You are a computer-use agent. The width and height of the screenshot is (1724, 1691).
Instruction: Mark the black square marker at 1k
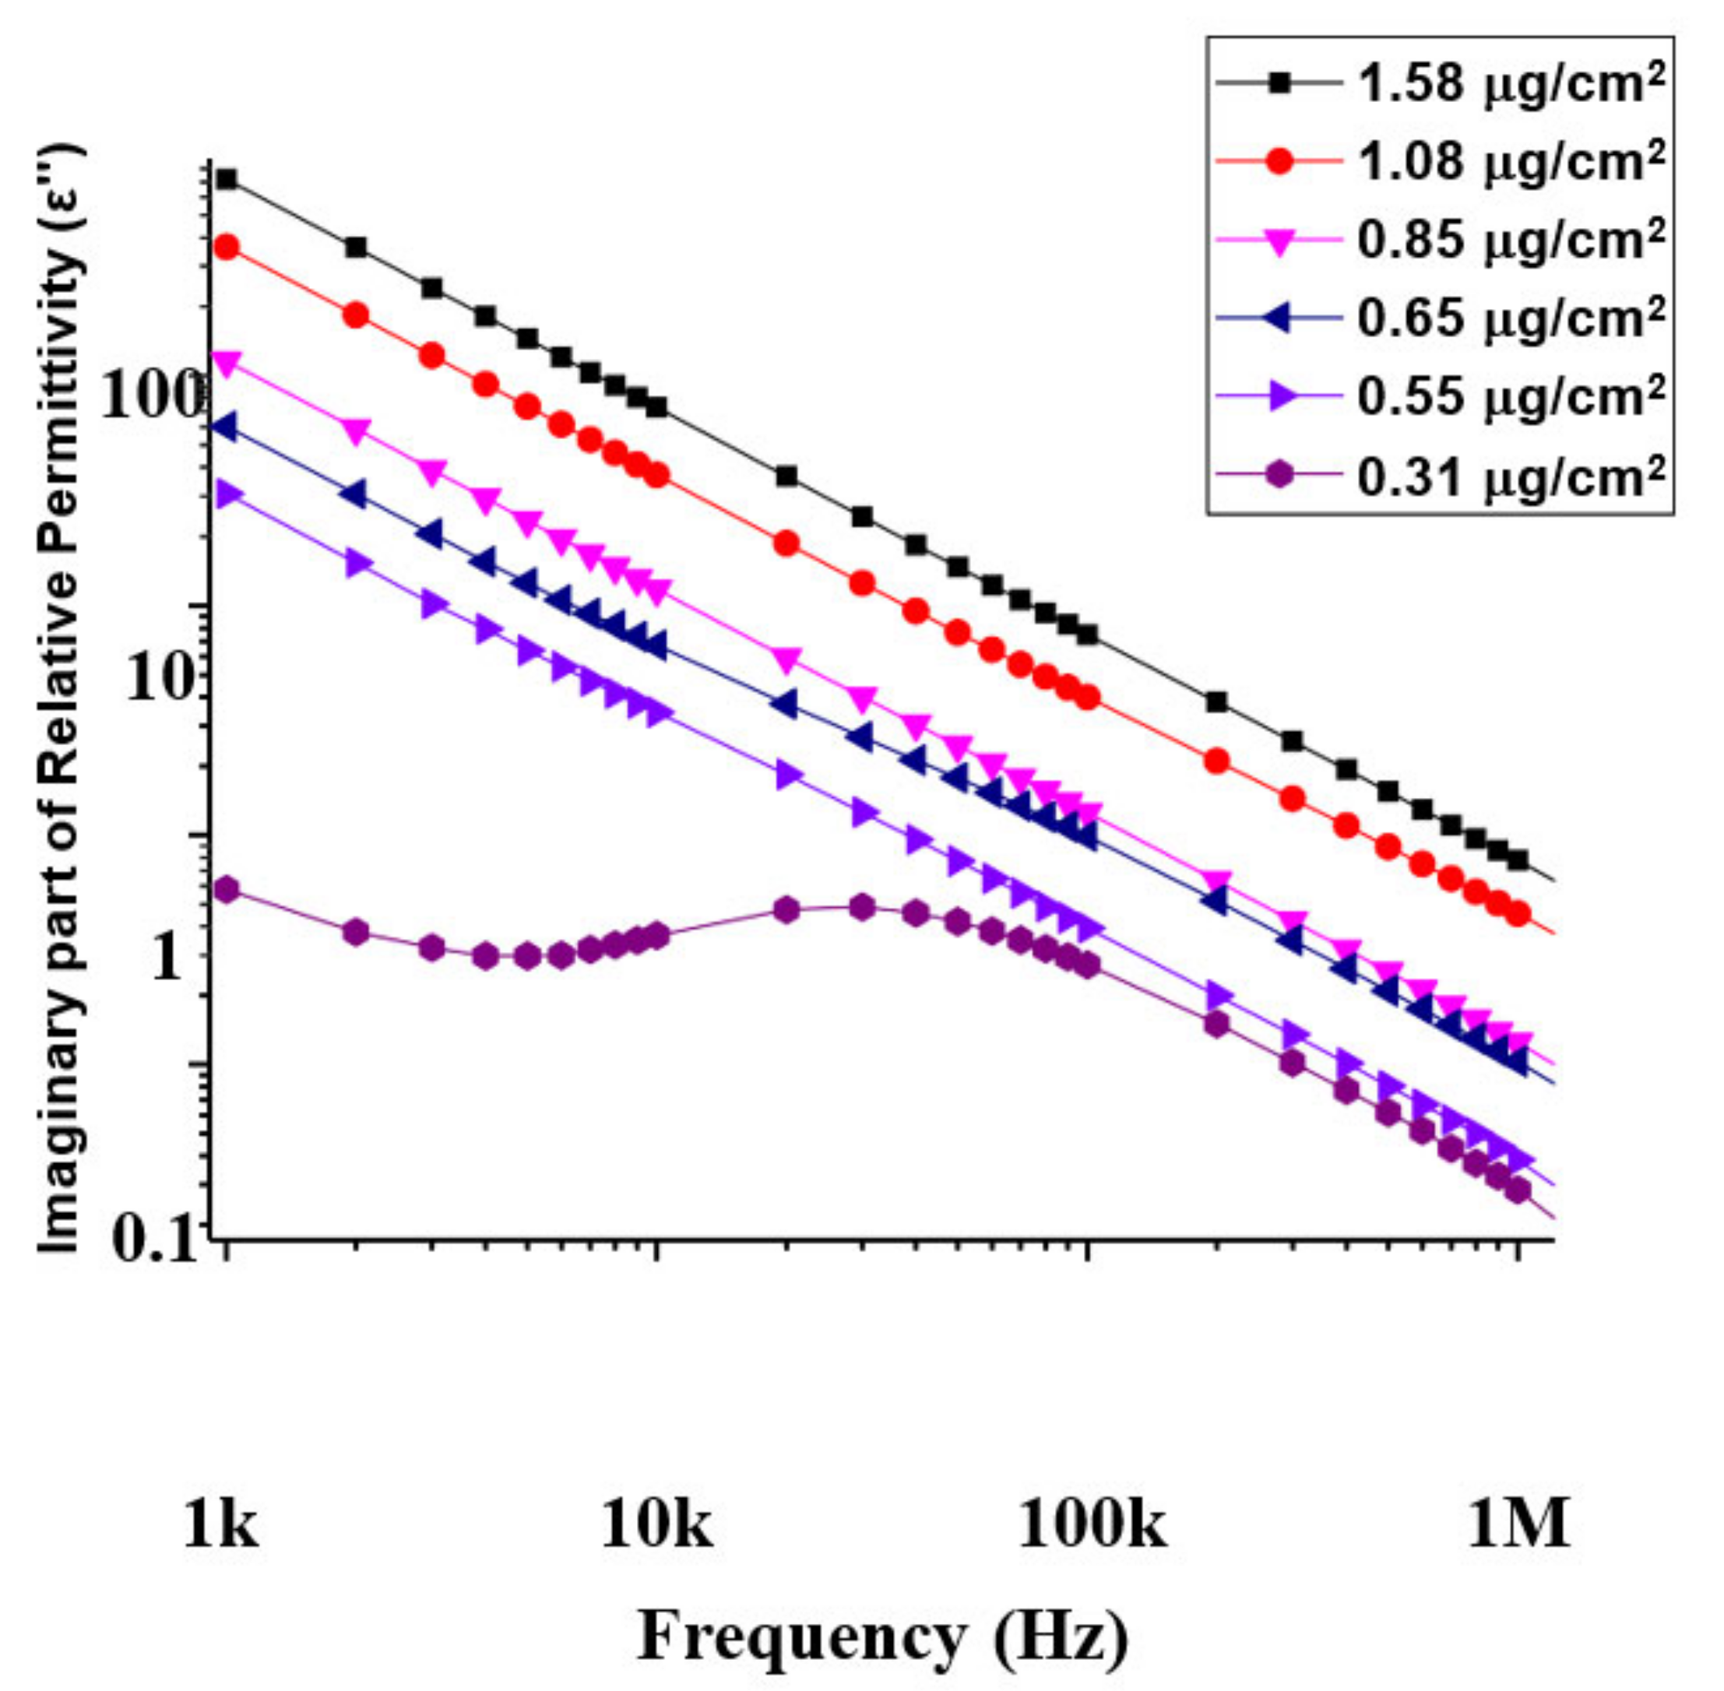tap(227, 179)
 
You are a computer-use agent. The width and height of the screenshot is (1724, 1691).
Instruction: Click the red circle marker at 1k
tap(227, 247)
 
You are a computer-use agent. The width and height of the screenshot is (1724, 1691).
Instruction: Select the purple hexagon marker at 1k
tap(227, 890)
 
